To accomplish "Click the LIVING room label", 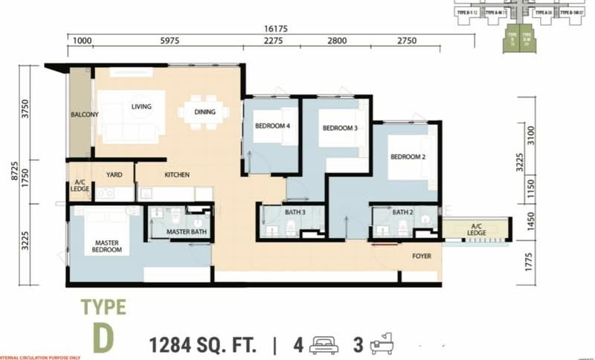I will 141,106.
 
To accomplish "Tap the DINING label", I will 205,112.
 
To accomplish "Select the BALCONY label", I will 85,115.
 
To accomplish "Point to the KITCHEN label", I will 177,175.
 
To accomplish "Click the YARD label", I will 114,175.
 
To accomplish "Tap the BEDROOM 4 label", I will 272,126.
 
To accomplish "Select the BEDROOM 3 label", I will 340,128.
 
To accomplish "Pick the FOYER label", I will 422,257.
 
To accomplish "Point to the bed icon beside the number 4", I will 325,345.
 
